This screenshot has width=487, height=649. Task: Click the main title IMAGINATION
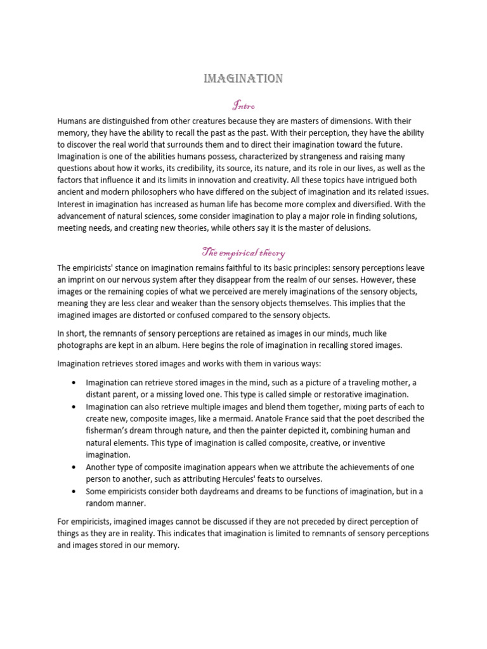coord(243,79)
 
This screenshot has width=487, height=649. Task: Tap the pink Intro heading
coord(243,104)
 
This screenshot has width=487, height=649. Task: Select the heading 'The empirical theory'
coord(243,254)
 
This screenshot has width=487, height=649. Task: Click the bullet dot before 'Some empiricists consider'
coord(76,491)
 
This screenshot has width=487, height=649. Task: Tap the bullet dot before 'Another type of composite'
coord(76,467)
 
